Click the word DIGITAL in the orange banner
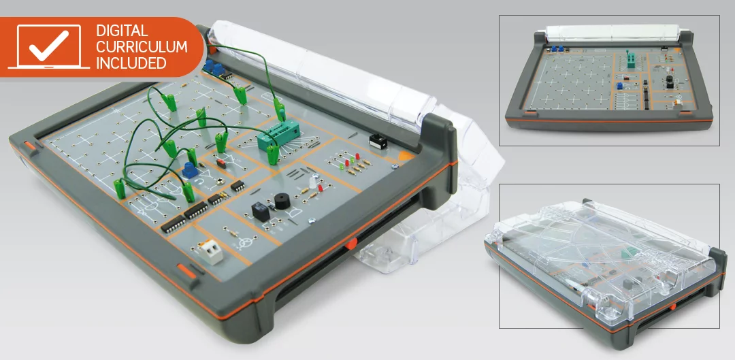[122, 31]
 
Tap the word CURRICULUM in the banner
[142, 47]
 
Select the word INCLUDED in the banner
[131, 63]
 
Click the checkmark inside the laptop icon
[49, 45]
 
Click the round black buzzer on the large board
[282, 201]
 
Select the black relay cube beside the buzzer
[260, 212]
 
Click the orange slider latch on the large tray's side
[350, 244]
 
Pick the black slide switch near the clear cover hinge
[378, 141]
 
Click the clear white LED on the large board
[314, 180]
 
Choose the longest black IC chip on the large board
[174, 224]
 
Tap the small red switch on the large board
[221, 164]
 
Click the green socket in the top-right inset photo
[631, 59]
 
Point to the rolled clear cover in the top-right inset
[612, 33]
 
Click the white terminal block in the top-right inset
[677, 103]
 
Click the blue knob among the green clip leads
[189, 169]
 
